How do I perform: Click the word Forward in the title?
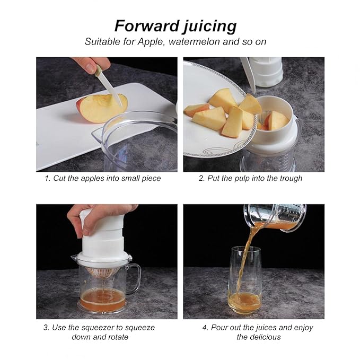tap(147, 25)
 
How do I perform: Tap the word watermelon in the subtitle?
tap(194, 41)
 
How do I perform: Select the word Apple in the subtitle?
tap(151, 42)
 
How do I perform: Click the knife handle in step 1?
tap(98, 71)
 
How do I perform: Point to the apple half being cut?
tap(102, 108)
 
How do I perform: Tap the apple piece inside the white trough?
tap(276, 120)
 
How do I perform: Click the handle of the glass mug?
tap(134, 278)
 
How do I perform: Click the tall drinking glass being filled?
tap(245, 279)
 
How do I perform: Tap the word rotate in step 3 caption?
tap(117, 337)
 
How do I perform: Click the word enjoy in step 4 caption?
tap(303, 328)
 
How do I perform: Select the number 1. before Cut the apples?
tap(48, 178)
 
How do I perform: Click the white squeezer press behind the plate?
tap(266, 72)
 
